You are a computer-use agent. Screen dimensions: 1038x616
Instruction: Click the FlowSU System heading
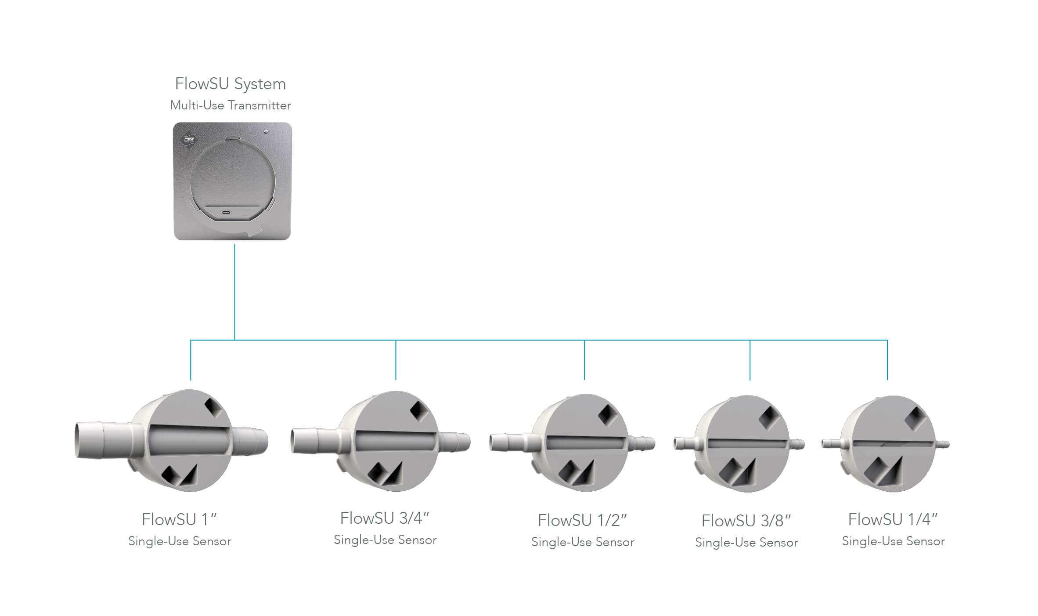point(231,84)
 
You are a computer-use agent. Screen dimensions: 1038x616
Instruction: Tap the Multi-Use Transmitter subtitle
point(231,105)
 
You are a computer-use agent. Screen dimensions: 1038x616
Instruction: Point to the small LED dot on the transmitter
point(266,131)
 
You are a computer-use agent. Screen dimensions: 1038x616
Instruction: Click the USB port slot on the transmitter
point(226,213)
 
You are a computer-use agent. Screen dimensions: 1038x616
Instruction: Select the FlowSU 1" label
point(179,519)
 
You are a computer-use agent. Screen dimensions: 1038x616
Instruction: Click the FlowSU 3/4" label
point(385,518)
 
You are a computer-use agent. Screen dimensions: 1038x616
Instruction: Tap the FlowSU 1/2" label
point(582,520)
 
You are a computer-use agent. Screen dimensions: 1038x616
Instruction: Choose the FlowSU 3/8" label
point(746,521)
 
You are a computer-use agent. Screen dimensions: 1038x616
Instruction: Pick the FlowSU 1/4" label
point(893,519)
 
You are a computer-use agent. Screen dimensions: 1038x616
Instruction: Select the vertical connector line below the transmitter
point(234,292)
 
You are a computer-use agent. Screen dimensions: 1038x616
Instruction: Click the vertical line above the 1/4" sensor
point(887,360)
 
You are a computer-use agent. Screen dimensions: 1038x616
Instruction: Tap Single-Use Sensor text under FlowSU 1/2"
point(583,542)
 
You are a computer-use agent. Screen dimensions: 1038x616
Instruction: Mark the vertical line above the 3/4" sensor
point(396,360)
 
